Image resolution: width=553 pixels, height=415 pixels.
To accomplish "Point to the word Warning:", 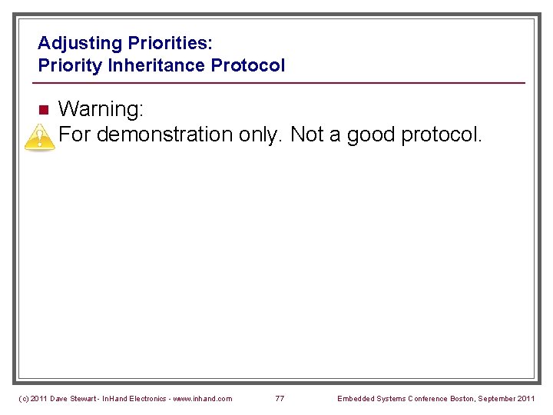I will click(x=101, y=110).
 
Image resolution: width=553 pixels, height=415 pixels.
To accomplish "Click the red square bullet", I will click(x=44, y=109).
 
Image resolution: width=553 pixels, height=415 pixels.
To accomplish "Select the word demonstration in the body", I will click(x=165, y=135).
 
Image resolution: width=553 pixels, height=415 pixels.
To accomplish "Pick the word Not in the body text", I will click(x=307, y=135).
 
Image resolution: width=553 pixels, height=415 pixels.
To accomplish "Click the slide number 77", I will click(x=280, y=398).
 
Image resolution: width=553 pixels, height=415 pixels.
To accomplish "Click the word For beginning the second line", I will click(x=75, y=135).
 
